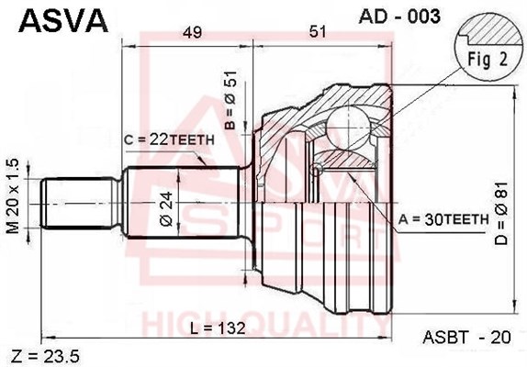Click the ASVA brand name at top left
pyautogui.click(x=63, y=20)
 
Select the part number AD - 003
pyautogui.click(x=399, y=16)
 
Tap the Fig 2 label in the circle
pyautogui.click(x=488, y=60)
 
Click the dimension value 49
pyautogui.click(x=192, y=32)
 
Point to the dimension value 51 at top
pyautogui.click(x=318, y=32)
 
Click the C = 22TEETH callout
pyautogui.click(x=169, y=139)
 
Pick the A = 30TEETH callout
pyautogui.click(x=443, y=219)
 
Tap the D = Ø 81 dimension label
pyautogui.click(x=500, y=213)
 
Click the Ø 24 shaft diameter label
pyautogui.click(x=167, y=208)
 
